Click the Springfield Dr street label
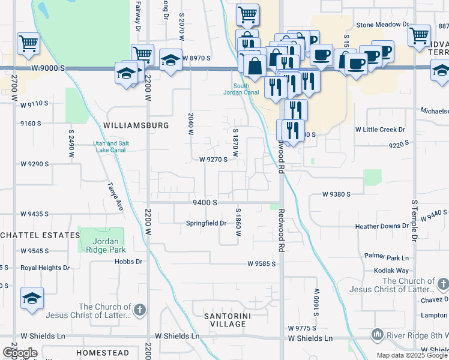205,223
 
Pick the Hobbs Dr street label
130,262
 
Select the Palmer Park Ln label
386,257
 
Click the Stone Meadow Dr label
382,25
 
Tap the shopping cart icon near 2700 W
28,43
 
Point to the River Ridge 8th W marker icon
378,334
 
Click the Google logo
20,353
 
